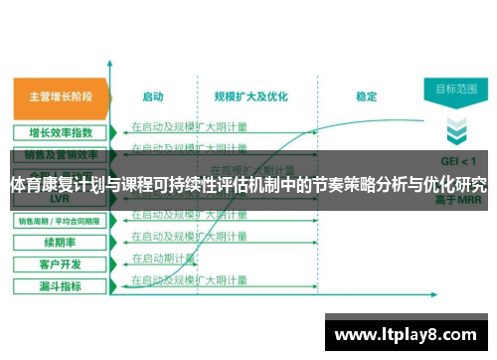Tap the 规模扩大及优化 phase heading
(250, 97)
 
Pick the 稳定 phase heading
(366, 97)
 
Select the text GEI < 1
(456, 159)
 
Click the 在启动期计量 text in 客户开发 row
(164, 258)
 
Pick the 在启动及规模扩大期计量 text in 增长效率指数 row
(189, 126)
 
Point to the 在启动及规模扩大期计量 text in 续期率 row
(189, 236)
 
